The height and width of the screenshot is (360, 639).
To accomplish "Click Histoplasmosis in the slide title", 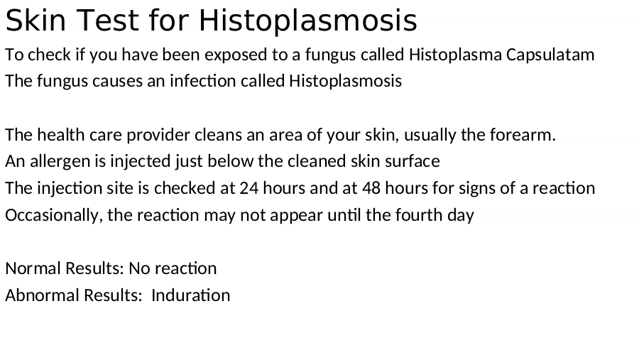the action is click(307, 21).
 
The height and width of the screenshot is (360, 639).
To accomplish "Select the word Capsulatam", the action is click(550, 55).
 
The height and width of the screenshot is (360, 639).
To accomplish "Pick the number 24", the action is click(249, 188).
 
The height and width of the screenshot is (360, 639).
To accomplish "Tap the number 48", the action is click(371, 188).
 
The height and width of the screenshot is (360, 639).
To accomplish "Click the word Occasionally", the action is click(53, 215).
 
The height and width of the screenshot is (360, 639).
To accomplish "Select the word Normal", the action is click(33, 268).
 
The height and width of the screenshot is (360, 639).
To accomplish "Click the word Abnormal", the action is click(39, 295).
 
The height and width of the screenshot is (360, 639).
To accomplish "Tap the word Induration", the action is click(191, 295).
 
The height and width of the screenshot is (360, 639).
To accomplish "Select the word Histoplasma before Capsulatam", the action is click(455, 55).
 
